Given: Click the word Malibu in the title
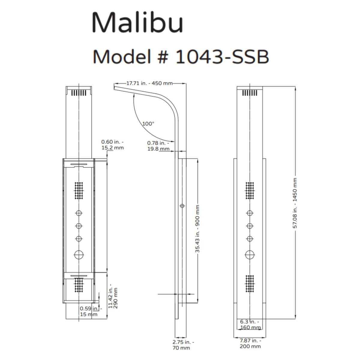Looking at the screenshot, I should point(137,23).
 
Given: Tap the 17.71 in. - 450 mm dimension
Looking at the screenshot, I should point(149,83).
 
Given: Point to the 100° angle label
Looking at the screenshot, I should point(148,124).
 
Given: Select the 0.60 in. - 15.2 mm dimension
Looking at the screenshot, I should point(112,145).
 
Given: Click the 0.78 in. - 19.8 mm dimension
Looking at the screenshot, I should point(158,146).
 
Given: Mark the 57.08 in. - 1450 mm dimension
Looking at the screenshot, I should point(295,203).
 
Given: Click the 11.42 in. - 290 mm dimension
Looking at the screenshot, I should point(113,298).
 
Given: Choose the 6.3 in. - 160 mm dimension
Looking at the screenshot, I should point(250,324).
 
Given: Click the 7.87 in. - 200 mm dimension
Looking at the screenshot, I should point(250,343).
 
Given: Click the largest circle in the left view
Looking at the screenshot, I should point(79,254).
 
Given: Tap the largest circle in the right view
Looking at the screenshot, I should point(250,255).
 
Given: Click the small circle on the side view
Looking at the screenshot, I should point(182,206).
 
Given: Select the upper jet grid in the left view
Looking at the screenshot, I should point(79,190).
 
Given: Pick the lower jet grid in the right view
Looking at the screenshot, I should point(250,283).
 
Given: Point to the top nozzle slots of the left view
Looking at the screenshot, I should point(79,93).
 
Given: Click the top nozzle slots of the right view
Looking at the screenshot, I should point(250,93).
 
